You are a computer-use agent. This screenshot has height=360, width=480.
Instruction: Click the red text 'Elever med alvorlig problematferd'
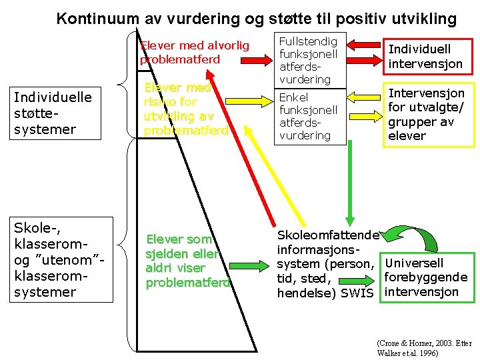coord(194,52)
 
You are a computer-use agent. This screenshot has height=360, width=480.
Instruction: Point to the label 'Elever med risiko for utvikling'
coord(186,109)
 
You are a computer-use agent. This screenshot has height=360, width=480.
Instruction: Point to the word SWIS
coord(357,293)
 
